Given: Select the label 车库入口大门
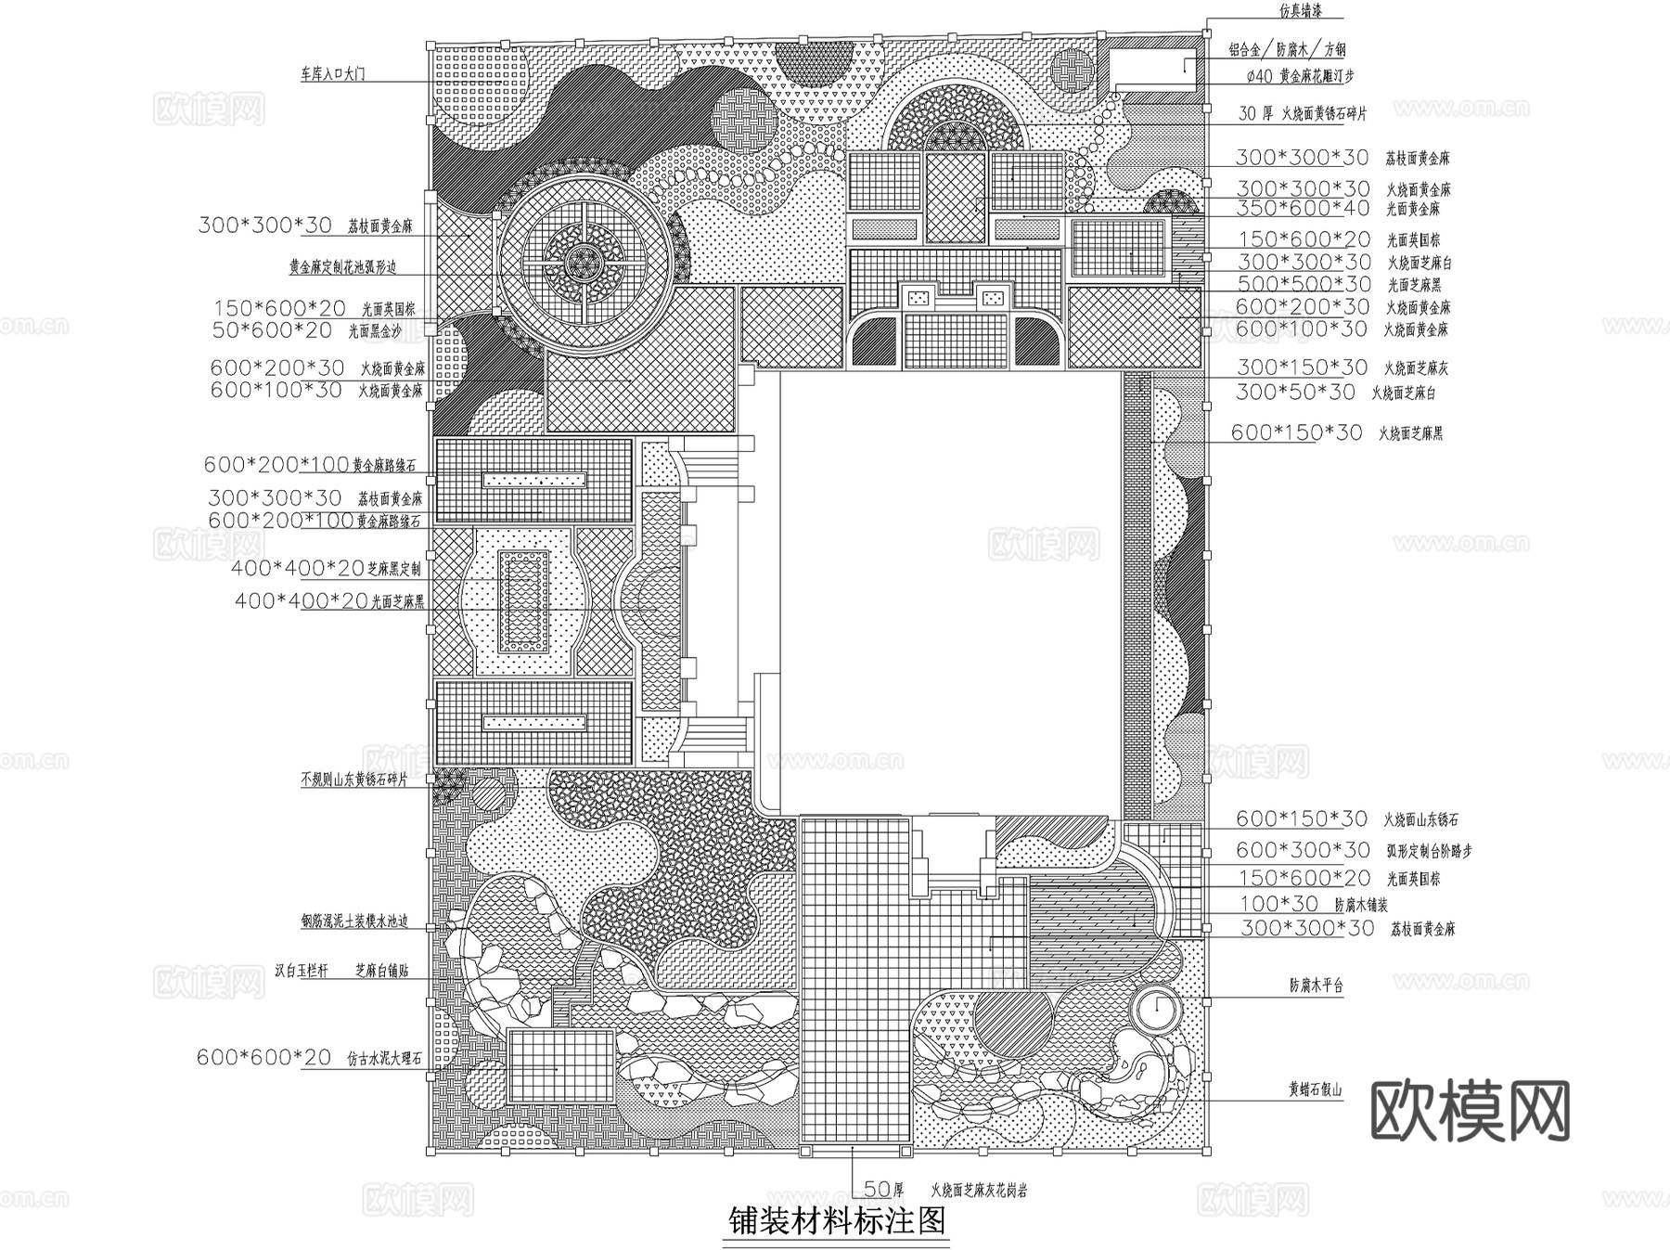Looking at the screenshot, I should (332, 73).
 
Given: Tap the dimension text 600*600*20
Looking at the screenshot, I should (263, 1057).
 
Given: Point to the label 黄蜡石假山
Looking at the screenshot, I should (1315, 1090).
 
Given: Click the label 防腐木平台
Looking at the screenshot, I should (1316, 986).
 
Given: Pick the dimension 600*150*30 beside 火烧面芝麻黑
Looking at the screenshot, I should (1296, 432).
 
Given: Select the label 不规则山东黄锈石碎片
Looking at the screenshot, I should (354, 780).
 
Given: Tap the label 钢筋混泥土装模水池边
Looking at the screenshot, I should (354, 922).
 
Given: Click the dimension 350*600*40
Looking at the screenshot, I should (1302, 209).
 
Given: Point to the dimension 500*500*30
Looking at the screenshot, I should (1304, 285).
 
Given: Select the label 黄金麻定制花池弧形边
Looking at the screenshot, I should (342, 267).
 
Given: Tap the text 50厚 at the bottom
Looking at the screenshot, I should (883, 1188).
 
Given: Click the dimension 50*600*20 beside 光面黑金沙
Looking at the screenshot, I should (272, 329).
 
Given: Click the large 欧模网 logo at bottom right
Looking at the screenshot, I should (1470, 1111).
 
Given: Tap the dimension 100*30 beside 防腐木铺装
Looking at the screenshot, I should (1278, 903).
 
